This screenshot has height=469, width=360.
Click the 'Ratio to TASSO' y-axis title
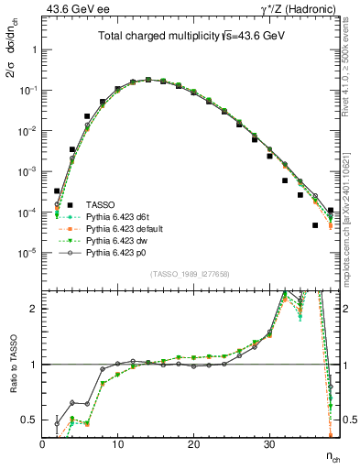[11, 365]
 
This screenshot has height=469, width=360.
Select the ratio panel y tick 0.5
[29, 420]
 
